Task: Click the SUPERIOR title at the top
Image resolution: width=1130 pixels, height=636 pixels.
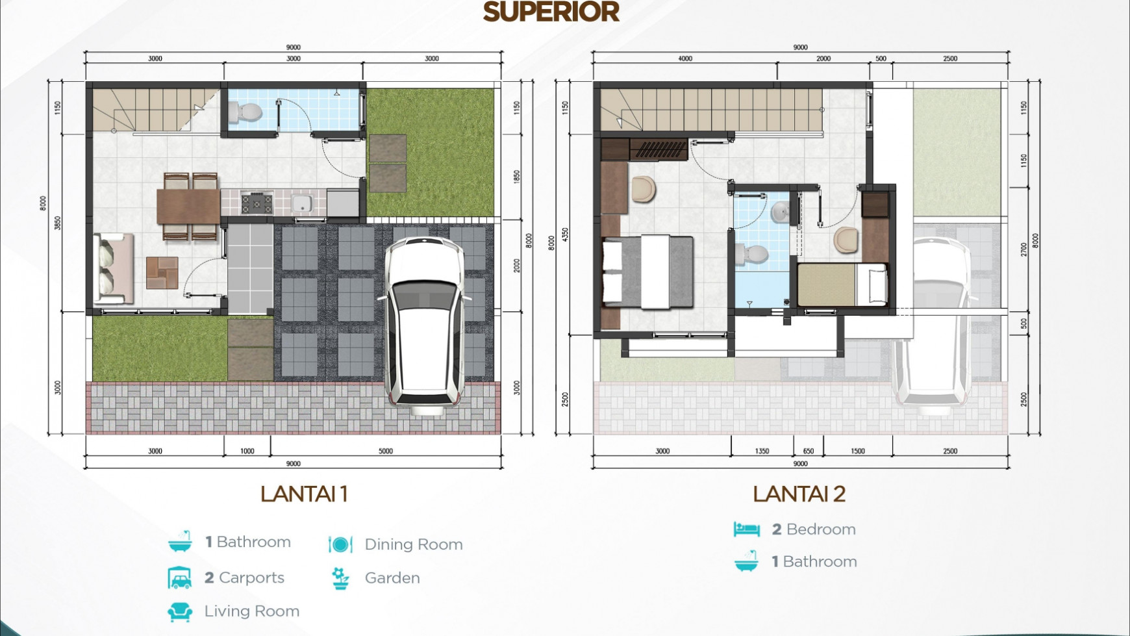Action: pos(551,12)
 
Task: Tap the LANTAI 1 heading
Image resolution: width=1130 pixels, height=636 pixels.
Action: pos(304,494)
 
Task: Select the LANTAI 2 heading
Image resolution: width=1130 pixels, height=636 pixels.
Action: pos(799,494)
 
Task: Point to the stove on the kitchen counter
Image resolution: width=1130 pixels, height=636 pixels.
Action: pos(257,203)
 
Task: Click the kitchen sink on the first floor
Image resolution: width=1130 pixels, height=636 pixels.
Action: pos(301,203)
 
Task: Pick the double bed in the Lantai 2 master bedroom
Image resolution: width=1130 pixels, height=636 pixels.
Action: pos(647,272)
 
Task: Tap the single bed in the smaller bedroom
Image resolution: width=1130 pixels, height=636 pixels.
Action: pos(842,285)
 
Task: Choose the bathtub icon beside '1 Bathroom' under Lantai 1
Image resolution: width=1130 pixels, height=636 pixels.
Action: pos(180,541)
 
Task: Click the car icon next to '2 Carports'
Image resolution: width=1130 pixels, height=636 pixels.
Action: pos(180,578)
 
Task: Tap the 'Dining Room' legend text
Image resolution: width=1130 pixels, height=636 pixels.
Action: pos(413,544)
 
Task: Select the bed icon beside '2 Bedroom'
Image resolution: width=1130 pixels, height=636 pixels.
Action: pos(746,529)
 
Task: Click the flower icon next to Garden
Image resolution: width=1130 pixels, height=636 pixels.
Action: pos(340,578)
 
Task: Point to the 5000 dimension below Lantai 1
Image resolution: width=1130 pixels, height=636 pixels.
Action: pos(386,451)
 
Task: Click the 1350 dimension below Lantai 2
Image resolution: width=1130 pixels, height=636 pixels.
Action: pos(762,451)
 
